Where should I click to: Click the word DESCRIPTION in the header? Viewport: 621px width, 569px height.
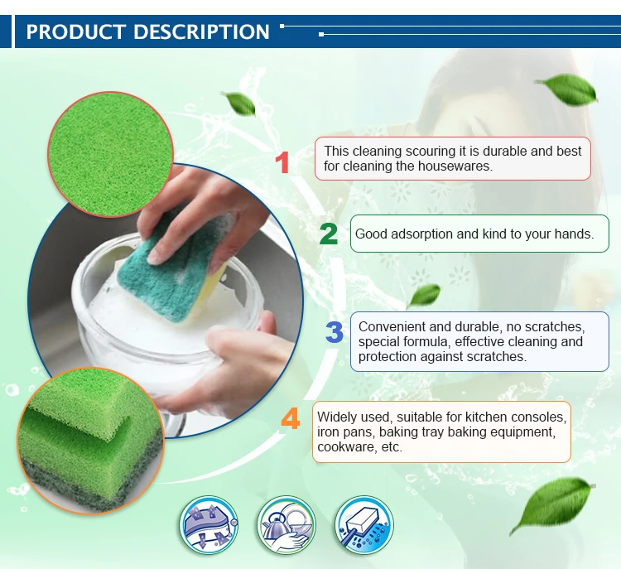(201, 31)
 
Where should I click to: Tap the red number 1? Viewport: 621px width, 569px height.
(282, 162)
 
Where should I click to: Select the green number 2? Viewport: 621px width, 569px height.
(329, 234)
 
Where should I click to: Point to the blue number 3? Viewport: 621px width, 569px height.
(335, 332)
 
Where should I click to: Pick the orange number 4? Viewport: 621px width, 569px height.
(291, 418)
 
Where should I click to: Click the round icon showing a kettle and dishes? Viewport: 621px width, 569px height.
(286, 525)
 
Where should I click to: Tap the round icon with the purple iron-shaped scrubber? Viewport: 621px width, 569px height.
(209, 525)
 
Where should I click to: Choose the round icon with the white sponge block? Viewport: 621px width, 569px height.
(364, 525)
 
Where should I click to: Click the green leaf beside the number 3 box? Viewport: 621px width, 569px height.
(424, 296)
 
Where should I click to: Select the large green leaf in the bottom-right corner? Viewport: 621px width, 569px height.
(552, 505)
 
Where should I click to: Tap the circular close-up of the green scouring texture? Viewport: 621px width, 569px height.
(110, 154)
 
